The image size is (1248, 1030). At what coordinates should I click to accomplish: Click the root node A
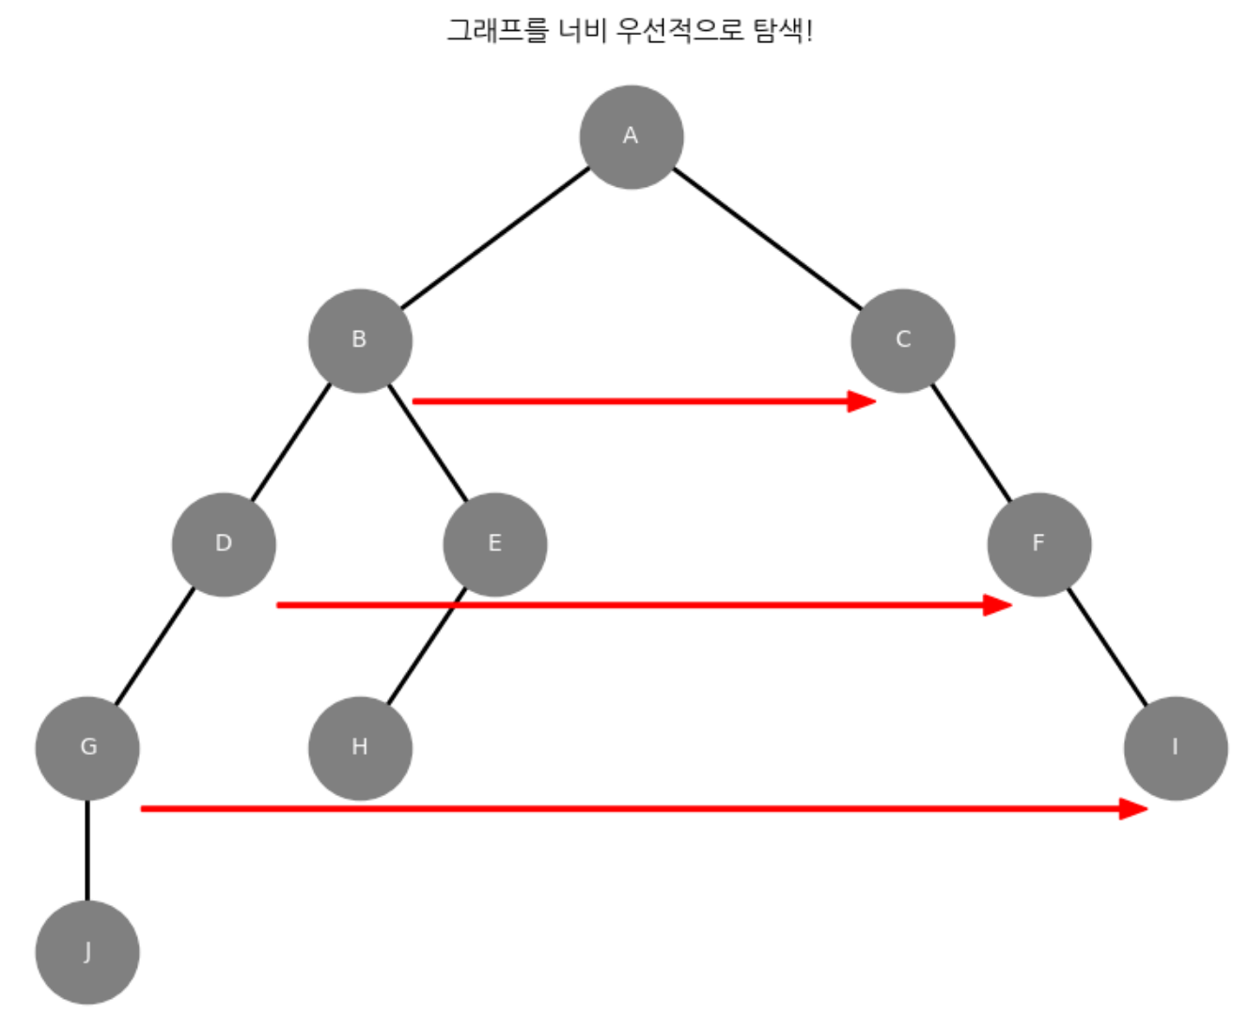coord(631,137)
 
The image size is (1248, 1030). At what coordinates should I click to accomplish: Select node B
coord(360,340)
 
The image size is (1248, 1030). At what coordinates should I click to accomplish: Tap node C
coord(902,340)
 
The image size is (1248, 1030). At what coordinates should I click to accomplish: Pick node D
coord(224,544)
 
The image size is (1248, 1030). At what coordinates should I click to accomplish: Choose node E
coord(495,544)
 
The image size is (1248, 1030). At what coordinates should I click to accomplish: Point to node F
coord(1038,544)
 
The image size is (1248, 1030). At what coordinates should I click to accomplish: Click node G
coord(87,748)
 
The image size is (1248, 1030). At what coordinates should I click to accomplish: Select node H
coord(360,748)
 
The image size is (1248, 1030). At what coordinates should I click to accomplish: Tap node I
coord(1175,748)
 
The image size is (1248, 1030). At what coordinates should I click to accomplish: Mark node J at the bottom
coord(87,952)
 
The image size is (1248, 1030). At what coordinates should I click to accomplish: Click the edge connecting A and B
coord(495,239)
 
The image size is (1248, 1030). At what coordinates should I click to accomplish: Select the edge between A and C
coord(767,239)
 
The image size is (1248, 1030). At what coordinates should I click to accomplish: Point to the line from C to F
coord(971,443)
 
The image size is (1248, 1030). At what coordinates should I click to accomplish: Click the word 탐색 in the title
coord(778,30)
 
